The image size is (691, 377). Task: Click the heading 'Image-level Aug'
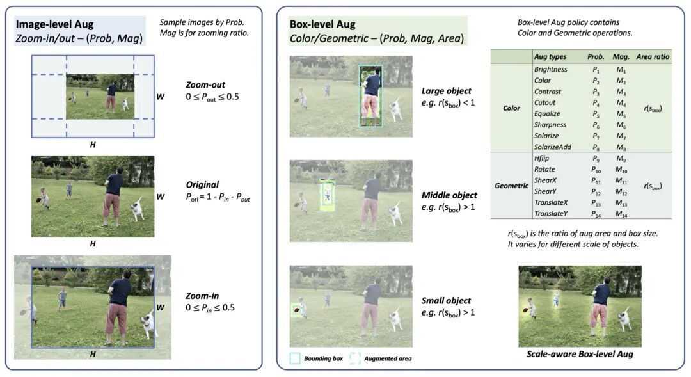[54, 24]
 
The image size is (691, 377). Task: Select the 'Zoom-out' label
[205, 84]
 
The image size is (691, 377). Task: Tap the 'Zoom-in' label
[202, 296]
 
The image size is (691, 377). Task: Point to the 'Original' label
[202, 184]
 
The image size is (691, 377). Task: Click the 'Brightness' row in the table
[550, 69]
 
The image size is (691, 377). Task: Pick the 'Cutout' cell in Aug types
[544, 102]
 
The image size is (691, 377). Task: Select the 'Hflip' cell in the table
[542, 157]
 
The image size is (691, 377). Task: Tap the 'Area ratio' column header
[653, 56]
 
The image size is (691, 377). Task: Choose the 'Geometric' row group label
[511, 186]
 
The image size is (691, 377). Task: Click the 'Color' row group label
[511, 108]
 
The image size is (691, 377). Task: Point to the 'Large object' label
[447, 90]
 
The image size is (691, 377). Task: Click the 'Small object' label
[446, 300]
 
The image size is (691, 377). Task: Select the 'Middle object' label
[449, 195]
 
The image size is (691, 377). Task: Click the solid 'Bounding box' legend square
[295, 358]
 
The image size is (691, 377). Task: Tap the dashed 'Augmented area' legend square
[355, 358]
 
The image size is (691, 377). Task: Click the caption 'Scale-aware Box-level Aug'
[580, 354]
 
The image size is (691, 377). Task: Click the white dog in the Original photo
[137, 209]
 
